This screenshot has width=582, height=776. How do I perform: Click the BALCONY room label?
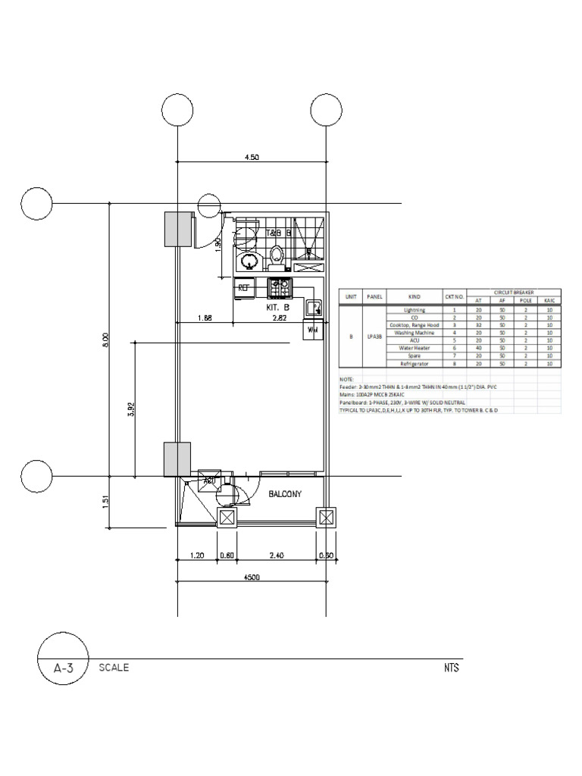[x=285, y=494]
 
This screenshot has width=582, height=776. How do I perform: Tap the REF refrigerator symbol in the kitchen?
[x=244, y=287]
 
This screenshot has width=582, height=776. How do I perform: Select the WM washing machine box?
[x=313, y=330]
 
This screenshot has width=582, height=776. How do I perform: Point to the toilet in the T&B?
[x=277, y=256]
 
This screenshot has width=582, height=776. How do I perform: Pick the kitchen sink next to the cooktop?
[x=313, y=307]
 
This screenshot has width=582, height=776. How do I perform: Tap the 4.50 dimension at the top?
[x=252, y=157]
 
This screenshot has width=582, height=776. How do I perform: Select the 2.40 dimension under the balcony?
[x=276, y=555]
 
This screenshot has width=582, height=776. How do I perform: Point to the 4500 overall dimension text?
[x=252, y=577]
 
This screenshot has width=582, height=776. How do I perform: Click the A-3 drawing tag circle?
[x=64, y=668]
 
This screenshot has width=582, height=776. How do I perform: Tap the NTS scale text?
[x=452, y=668]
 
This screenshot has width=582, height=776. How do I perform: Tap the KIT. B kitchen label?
[x=277, y=308]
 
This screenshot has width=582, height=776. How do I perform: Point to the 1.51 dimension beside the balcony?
[x=106, y=501]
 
